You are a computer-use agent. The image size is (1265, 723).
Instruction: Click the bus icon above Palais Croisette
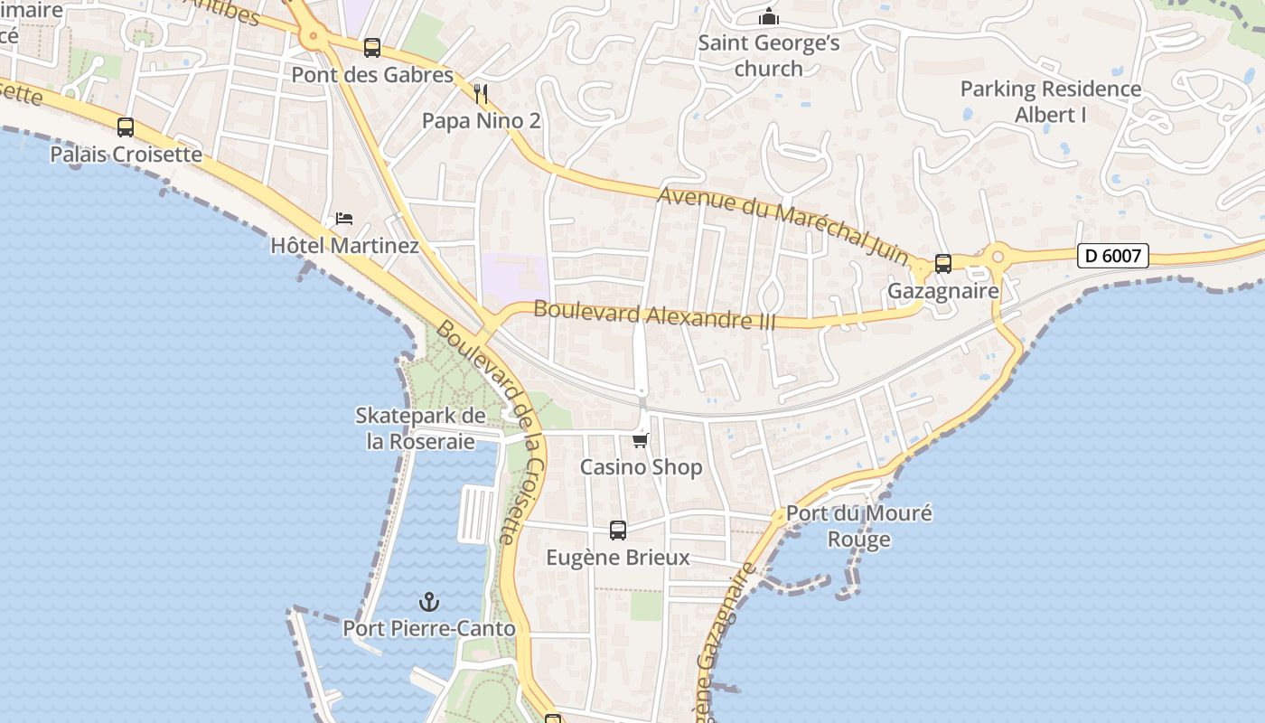point(126,127)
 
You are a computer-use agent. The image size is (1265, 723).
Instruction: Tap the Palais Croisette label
point(126,154)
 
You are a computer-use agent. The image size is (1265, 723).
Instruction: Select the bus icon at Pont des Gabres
point(371,48)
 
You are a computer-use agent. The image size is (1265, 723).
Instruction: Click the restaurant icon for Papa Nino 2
point(481,93)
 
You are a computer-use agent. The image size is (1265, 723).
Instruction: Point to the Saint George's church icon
point(769,16)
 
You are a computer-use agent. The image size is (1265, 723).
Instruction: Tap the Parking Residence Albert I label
point(1050,102)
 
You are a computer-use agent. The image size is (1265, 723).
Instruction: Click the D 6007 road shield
point(1113,256)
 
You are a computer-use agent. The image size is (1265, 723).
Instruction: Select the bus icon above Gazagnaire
point(943,264)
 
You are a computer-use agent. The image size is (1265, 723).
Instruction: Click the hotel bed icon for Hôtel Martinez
point(344,219)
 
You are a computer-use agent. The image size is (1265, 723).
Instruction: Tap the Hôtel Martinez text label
point(344,245)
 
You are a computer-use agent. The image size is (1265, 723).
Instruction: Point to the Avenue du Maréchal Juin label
point(782,225)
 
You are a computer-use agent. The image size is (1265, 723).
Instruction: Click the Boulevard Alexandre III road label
point(654,315)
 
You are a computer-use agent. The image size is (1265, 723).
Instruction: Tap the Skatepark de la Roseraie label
point(420,428)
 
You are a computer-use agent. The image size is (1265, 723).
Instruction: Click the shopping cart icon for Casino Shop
point(641,440)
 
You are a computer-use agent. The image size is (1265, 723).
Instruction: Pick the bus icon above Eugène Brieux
point(618,531)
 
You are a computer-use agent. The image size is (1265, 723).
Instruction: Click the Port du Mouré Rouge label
point(858,526)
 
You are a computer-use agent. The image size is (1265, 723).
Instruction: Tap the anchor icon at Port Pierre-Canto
point(429,602)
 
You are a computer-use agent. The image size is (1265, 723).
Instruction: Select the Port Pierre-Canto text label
point(429,628)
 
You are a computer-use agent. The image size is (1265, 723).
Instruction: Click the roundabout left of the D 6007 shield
point(998,257)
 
